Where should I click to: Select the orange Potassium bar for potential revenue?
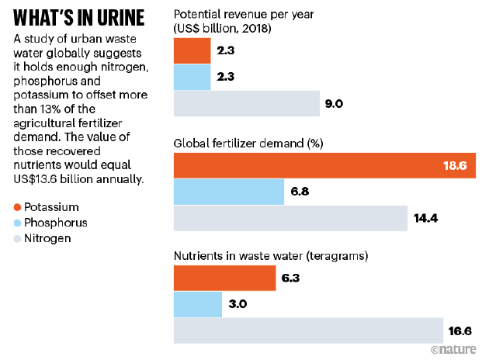click(x=192, y=51)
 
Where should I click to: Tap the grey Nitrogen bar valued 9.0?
click(x=247, y=103)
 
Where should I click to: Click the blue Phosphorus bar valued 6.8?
click(x=229, y=192)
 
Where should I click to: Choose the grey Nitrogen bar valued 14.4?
click(x=290, y=218)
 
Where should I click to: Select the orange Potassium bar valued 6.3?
click(x=224, y=278)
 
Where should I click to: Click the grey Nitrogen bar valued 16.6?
click(x=307, y=331)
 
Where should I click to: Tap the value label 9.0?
click(x=335, y=103)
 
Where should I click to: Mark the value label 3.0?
click(x=238, y=304)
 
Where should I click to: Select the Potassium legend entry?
click(x=47, y=207)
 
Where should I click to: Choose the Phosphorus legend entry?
click(x=50, y=223)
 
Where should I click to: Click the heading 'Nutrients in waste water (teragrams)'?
click(x=270, y=254)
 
